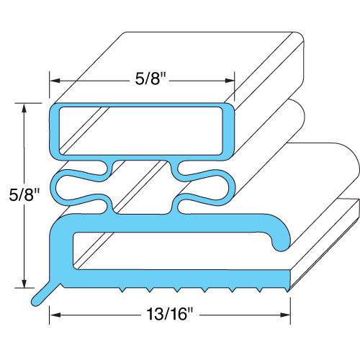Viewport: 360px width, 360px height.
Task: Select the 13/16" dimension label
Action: [x=169, y=314]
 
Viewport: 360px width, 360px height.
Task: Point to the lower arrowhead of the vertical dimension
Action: [x=27, y=284]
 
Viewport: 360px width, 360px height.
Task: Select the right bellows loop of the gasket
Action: [x=205, y=186]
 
